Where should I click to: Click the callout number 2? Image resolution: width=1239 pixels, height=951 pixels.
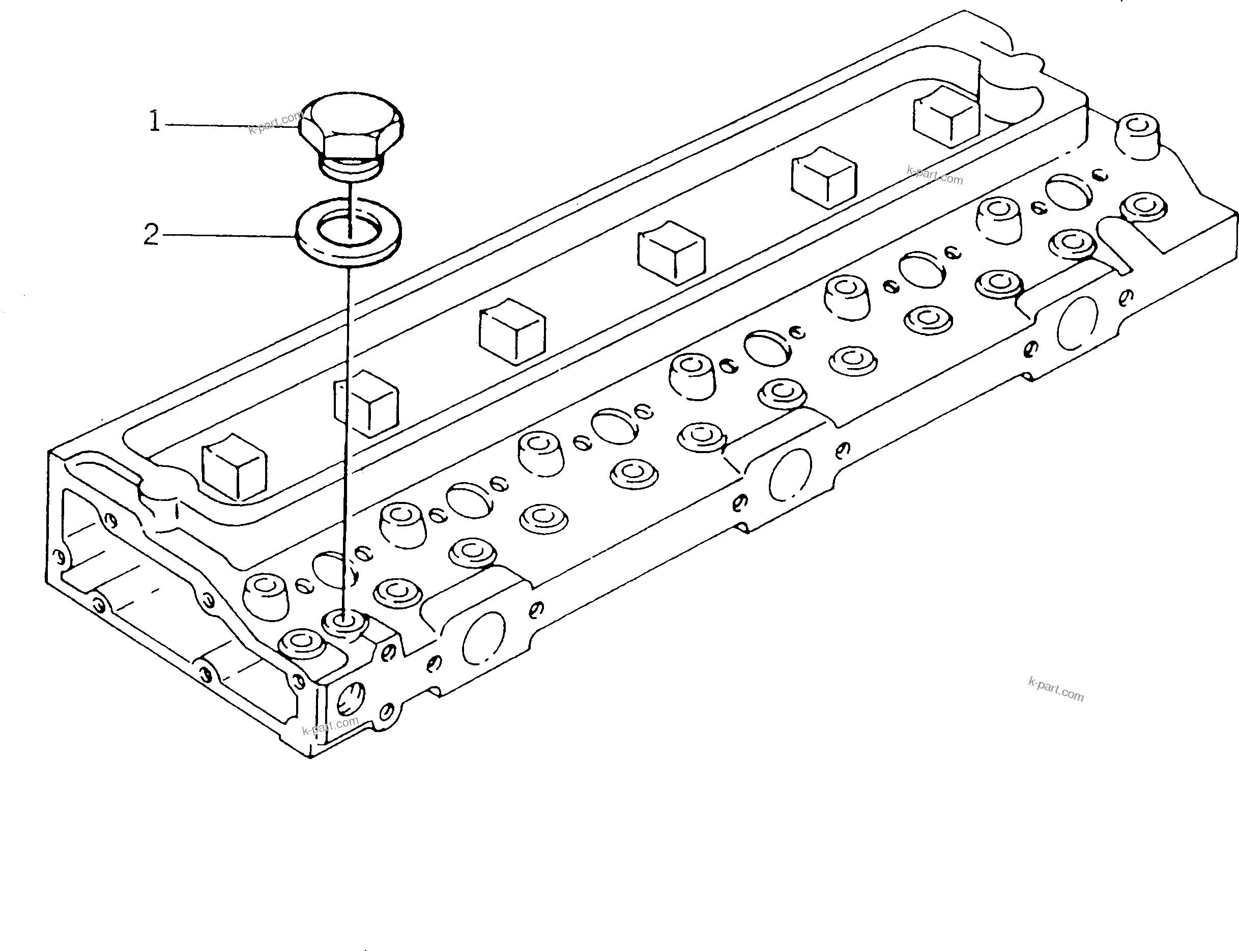(x=151, y=234)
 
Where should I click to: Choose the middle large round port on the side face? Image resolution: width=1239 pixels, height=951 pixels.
(x=790, y=474)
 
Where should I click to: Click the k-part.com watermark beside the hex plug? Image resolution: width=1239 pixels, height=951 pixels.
(x=275, y=122)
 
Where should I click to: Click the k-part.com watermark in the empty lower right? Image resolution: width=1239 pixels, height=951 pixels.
(x=1056, y=689)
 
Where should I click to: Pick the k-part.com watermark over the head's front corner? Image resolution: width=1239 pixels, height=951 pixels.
(x=330, y=724)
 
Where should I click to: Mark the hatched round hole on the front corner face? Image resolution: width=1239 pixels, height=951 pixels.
(x=351, y=700)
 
